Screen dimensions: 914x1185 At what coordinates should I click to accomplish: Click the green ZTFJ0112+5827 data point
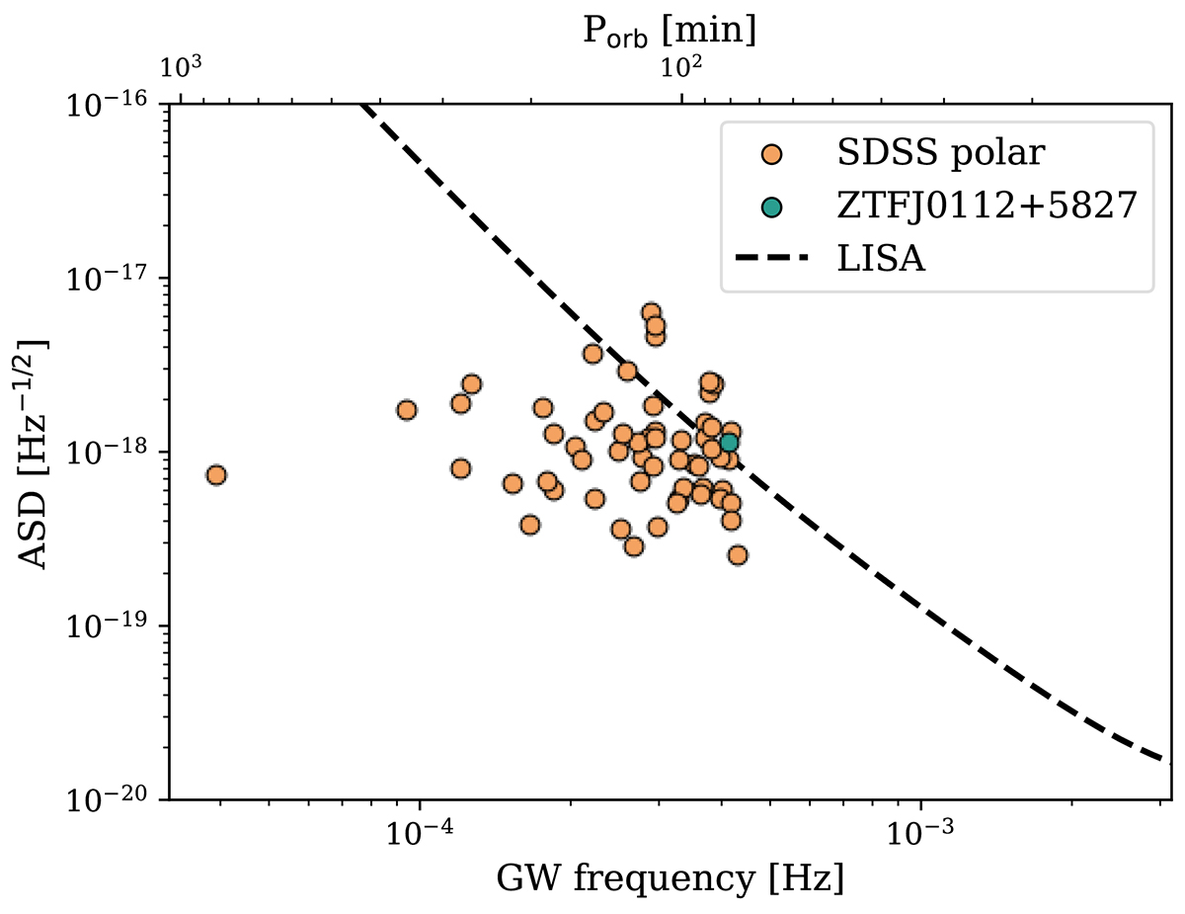(x=729, y=443)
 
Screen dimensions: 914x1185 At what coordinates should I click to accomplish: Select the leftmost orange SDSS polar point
(x=216, y=475)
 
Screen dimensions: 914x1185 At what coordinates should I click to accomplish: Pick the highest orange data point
(x=651, y=312)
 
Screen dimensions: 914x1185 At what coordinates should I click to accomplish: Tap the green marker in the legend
(x=772, y=207)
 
